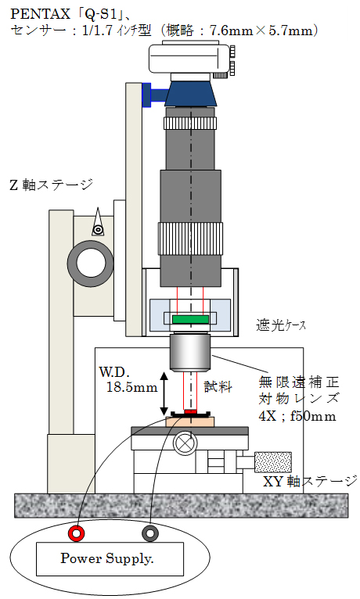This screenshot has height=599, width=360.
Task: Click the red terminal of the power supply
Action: pos(76,533)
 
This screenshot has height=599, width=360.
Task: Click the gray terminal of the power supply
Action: pos(149,533)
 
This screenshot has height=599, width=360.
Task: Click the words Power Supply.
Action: pos(107,558)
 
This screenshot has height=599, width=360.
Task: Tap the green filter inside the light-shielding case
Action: pos(190,319)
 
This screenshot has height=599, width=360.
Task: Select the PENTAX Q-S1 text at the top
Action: pos(68,14)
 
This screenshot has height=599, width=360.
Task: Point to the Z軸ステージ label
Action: pos(51,185)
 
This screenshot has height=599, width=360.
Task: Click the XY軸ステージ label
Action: pos(310,482)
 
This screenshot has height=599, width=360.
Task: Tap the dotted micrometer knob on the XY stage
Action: pos(273,462)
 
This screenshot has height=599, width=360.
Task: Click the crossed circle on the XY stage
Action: pos(185,443)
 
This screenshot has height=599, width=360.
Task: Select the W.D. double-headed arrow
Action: pos(164,394)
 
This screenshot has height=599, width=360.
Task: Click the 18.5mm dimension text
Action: pos(131,387)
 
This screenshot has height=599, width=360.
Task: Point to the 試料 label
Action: pos(218,386)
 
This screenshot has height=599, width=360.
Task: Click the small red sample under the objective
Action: pos(190,411)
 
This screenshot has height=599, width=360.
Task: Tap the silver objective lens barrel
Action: pos(190,353)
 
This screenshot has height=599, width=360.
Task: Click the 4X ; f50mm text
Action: pos(297,416)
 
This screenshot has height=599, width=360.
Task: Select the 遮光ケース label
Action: pos(281,325)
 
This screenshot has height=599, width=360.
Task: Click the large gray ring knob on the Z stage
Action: pos(90,264)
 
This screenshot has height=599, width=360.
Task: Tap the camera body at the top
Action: pos(190,59)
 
